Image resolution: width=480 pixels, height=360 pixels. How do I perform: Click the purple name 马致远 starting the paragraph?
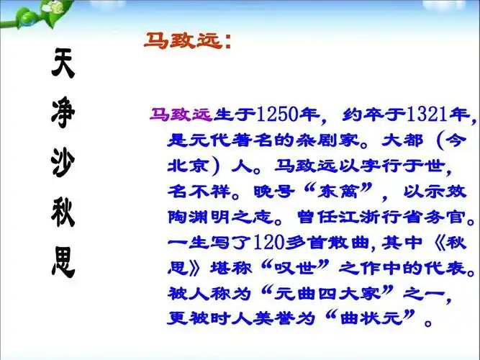[180, 114]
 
